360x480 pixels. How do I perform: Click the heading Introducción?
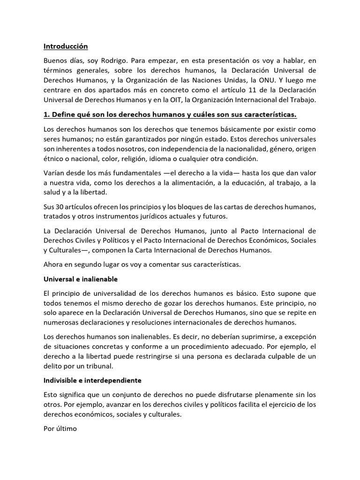(66, 46)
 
